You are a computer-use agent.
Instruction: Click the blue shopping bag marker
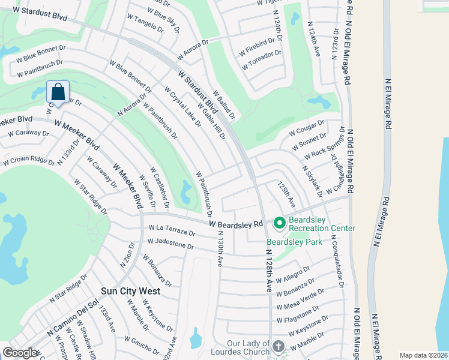[58, 92]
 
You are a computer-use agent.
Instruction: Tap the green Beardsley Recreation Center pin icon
[279, 223]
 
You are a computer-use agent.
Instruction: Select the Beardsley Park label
[295, 242]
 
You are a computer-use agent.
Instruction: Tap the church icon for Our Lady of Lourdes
[279, 346]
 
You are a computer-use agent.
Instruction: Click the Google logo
[20, 353]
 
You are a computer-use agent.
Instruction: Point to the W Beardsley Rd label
[237, 223]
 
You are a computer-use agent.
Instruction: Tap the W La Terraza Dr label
[172, 230]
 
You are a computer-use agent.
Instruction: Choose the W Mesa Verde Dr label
[301, 298]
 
